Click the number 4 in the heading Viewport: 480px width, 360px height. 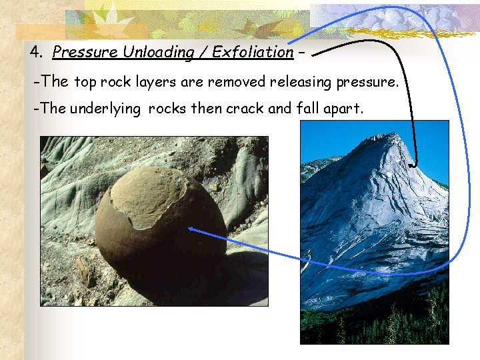tap(34, 51)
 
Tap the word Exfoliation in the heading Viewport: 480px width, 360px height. tap(253, 51)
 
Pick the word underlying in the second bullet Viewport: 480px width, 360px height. tap(108, 109)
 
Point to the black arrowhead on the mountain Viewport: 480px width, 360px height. tap(413, 164)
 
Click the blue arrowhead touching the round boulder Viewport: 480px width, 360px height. tap(192, 229)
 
